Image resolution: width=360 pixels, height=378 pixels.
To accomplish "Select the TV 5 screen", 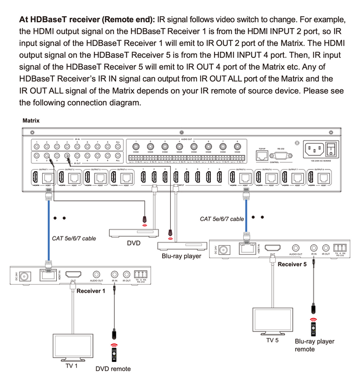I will (272, 319).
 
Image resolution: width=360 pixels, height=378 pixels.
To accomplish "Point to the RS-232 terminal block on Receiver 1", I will (142, 274).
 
